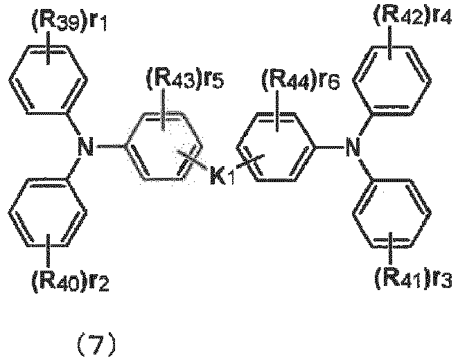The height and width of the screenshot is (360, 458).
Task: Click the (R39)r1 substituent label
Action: click(x=69, y=22)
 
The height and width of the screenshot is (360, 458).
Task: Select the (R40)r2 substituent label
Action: click(x=70, y=282)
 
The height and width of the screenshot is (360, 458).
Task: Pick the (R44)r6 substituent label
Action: click(x=300, y=80)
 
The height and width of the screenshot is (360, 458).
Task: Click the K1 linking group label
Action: click(x=222, y=175)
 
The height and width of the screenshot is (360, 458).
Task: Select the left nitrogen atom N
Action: click(x=85, y=147)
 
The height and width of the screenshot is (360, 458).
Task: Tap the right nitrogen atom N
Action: click(x=353, y=147)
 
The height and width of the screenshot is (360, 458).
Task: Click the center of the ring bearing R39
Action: click(x=49, y=80)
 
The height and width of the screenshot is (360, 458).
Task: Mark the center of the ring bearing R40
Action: click(x=48, y=212)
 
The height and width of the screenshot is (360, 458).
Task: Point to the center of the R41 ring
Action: click(x=391, y=213)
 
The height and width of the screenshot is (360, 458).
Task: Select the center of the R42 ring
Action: click(x=391, y=80)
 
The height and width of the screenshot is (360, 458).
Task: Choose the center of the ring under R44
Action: click(x=276, y=147)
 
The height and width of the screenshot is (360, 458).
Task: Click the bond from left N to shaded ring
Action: click(x=110, y=147)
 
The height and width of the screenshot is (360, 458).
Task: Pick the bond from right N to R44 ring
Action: click(x=330, y=147)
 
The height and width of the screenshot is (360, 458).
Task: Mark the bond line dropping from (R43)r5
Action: click(x=164, y=109)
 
